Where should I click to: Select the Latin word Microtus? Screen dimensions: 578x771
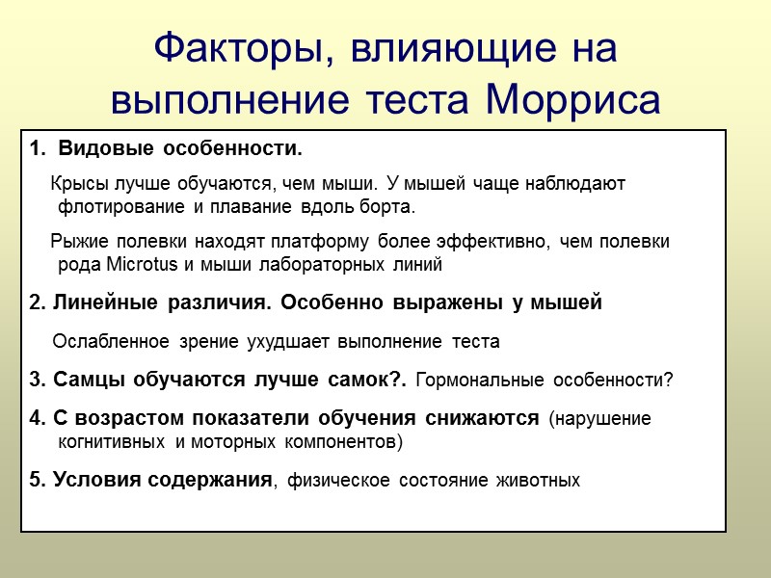coord(134,263)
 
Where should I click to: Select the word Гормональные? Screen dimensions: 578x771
coord(480,380)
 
